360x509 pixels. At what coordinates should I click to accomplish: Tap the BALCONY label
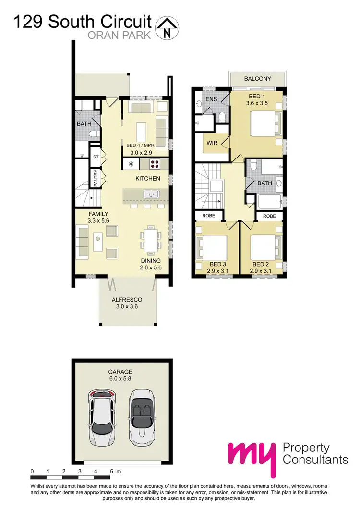[x=257, y=79]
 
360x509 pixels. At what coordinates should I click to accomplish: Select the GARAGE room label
[x=120, y=372]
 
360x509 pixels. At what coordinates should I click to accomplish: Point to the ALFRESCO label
[x=127, y=299]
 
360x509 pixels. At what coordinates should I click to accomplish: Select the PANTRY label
[x=96, y=178]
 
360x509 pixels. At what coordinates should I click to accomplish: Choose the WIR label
[x=212, y=143]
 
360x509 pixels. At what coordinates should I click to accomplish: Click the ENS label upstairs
[x=211, y=99]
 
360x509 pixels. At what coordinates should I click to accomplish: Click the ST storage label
[x=96, y=157]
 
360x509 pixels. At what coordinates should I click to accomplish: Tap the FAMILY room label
[x=98, y=214]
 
